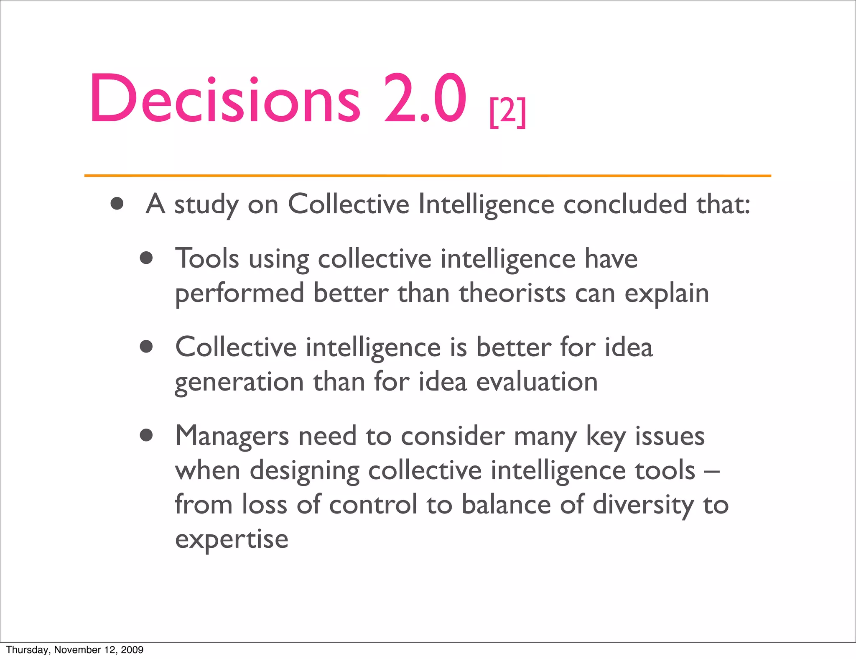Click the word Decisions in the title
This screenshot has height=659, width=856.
coord(225,99)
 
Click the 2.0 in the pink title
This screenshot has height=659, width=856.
coord(425,99)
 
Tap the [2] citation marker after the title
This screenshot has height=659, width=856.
coord(507,112)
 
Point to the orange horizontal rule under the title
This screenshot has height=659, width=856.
coord(427,176)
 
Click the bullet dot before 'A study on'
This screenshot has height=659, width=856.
coord(117,204)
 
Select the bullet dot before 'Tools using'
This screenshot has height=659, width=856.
coord(146,258)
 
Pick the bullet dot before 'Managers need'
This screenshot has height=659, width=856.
coord(146,435)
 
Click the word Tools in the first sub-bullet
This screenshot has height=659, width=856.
coord(207,258)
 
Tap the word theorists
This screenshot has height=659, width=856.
coord(512,293)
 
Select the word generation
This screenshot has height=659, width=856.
coord(239,382)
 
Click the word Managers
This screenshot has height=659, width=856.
coord(232,436)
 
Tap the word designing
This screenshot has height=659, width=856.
coord(304,471)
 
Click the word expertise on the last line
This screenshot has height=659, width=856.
coord(232,539)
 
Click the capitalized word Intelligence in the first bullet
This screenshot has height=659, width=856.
coord(486,204)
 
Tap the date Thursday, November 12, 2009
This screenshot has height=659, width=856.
coord(75,649)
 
